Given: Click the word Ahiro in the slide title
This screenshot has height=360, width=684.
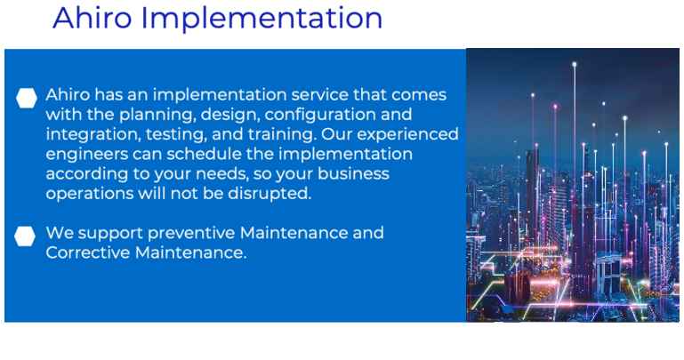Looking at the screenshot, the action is coord(92,18).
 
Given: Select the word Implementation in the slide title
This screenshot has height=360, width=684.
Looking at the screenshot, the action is coord(262,20).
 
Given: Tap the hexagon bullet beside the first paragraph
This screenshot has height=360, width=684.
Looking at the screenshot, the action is coord(27,98).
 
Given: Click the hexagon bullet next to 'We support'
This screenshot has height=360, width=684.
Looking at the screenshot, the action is coord(25,236).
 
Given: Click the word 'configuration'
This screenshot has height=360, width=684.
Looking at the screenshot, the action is coord(320,116).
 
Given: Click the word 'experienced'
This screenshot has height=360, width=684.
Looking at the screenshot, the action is coord(408,135).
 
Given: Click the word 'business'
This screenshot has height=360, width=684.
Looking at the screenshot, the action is coord(353,173).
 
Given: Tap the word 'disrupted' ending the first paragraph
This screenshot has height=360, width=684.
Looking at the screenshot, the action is coord(270,194).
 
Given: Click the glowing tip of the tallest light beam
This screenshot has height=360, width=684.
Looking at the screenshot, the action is coord(575,65).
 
